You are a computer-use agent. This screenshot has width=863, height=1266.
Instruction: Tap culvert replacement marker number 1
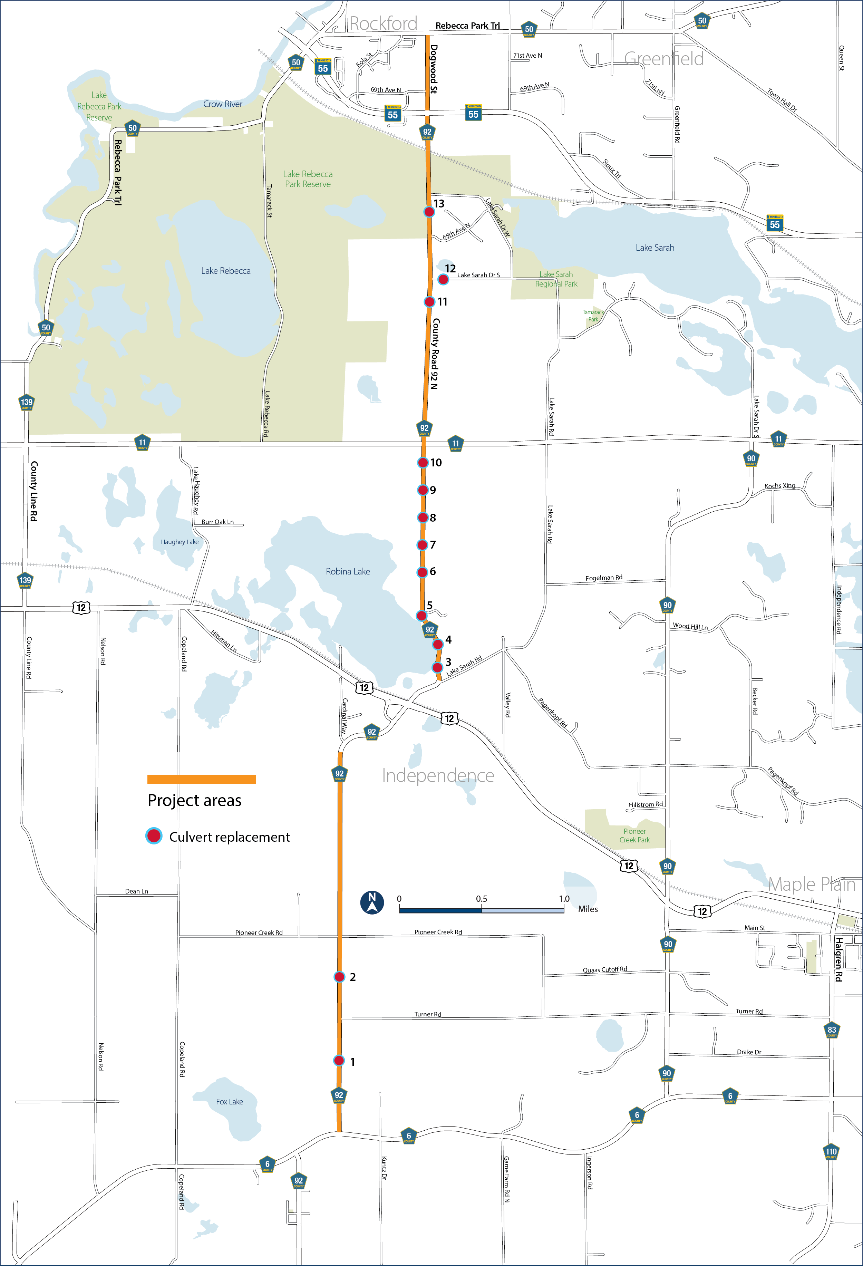[x=339, y=1061]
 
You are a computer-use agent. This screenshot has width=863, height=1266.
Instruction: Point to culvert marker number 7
[x=422, y=545]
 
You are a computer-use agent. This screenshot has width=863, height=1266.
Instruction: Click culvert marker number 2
[x=339, y=977]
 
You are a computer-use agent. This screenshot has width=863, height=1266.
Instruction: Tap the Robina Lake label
[x=348, y=571]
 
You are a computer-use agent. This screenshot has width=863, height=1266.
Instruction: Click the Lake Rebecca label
[x=225, y=271]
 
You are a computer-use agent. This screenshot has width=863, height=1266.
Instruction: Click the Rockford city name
[x=383, y=23]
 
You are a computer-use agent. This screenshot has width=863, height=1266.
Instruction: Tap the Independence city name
[x=438, y=775]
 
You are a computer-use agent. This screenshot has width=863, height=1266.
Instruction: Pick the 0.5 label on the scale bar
[x=482, y=899]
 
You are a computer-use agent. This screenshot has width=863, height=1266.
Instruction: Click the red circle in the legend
[x=154, y=836]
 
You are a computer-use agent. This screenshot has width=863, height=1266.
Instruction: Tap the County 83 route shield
[x=831, y=1030]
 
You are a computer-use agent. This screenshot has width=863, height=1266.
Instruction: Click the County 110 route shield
[x=831, y=1152]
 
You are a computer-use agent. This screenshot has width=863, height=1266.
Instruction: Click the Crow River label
[x=223, y=104]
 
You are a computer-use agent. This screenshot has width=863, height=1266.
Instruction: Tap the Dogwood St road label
[x=434, y=69]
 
